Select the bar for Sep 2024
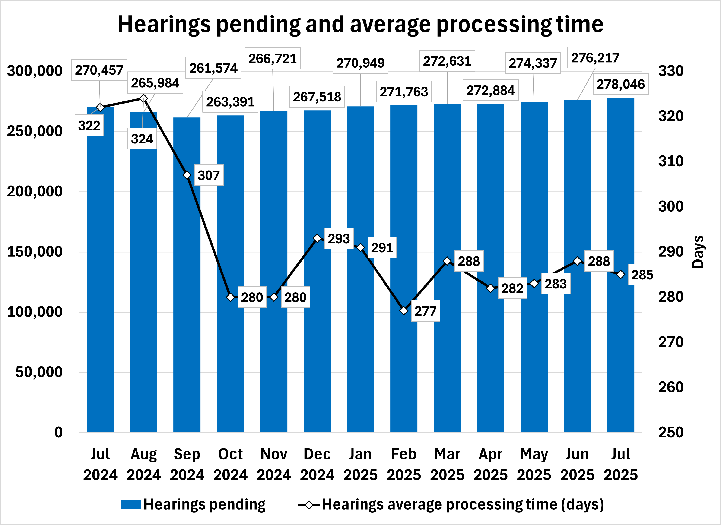click(x=187, y=286)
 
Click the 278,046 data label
click(x=621, y=84)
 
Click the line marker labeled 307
click(x=187, y=175)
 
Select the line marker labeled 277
click(x=404, y=310)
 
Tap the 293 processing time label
click(x=339, y=239)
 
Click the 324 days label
click(x=142, y=139)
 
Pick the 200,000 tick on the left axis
click(x=35, y=192)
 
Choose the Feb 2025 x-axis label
click(x=404, y=464)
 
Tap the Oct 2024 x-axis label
click(x=230, y=464)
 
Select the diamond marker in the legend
click(x=309, y=505)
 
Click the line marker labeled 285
click(x=621, y=275)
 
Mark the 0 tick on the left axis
click(x=58, y=433)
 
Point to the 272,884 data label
click(x=491, y=91)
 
